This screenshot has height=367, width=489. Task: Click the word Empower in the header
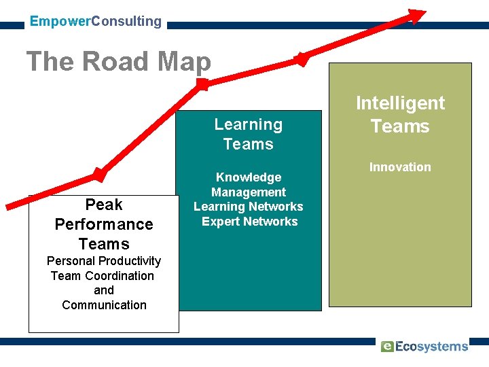tap(60, 21)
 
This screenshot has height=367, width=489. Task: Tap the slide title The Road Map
tap(119, 62)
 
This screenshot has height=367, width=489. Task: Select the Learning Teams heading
tap(249, 134)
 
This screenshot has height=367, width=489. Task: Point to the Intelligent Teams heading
tap(400, 114)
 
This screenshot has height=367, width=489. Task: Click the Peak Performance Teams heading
tap(104, 224)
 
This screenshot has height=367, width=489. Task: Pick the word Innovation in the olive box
tap(400, 167)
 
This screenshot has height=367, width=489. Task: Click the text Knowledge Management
tap(249, 185)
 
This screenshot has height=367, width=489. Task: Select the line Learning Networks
tap(249, 207)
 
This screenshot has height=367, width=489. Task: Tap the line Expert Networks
tap(250, 222)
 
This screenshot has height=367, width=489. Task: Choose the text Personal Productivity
tap(104, 261)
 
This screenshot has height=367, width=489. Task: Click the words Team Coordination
tap(103, 276)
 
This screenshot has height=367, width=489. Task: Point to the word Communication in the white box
tap(104, 305)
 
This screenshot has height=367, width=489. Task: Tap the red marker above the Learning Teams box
tap(202, 84)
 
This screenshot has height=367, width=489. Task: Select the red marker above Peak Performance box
tap(100, 175)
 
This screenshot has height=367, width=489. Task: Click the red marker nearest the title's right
tap(302, 58)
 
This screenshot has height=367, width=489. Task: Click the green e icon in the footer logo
tap(387, 347)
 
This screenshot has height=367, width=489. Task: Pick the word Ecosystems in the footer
tap(431, 347)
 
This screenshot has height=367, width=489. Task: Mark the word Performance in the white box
tap(104, 224)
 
